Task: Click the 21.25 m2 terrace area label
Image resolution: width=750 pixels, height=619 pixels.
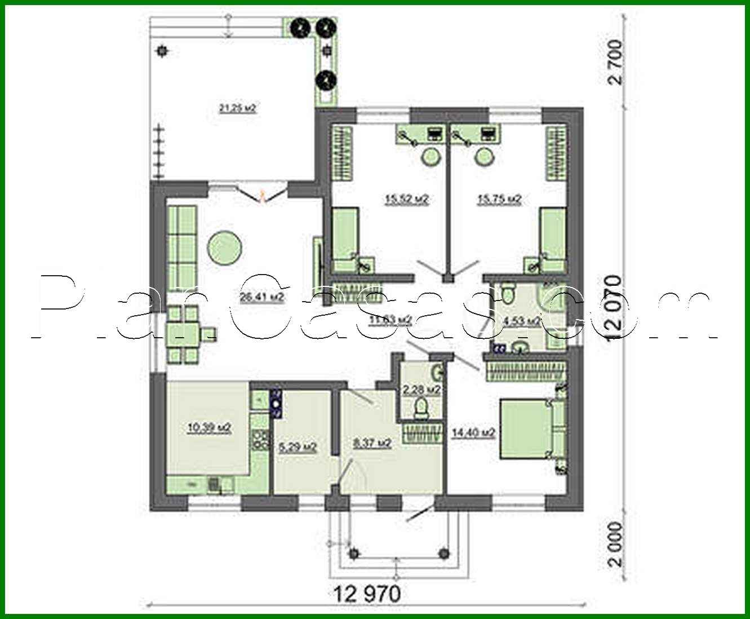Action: [237, 108]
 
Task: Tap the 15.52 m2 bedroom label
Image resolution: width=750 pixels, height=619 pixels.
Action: [406, 199]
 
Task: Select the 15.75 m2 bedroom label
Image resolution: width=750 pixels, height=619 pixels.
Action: [499, 199]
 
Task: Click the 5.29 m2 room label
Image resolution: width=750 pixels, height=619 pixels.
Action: [298, 448]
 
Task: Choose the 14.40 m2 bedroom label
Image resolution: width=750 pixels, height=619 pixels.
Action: [473, 432]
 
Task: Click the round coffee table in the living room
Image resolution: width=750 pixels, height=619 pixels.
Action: [225, 247]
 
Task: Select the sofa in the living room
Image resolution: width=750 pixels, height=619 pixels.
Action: [181, 247]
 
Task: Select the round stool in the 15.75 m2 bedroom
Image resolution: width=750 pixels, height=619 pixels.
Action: [485, 156]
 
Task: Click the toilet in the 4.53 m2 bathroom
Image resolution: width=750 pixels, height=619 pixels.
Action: [509, 292]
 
